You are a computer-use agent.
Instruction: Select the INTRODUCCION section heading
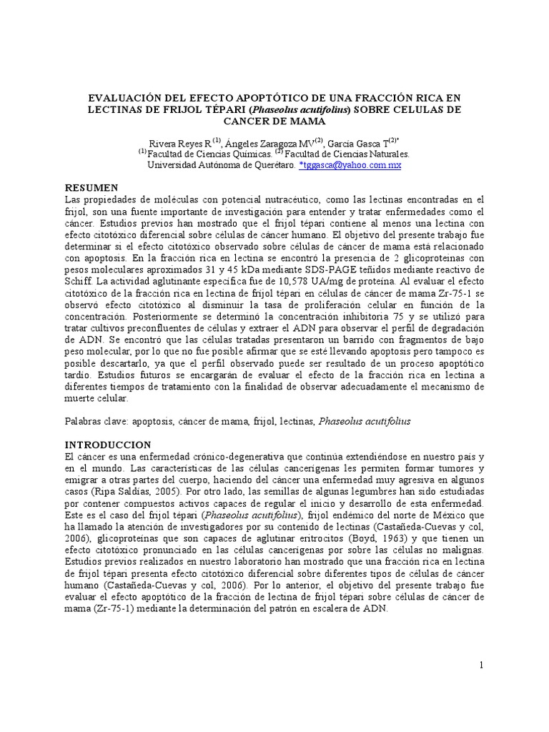tap(108, 445)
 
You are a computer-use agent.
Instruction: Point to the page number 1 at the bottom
tap(482, 666)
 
